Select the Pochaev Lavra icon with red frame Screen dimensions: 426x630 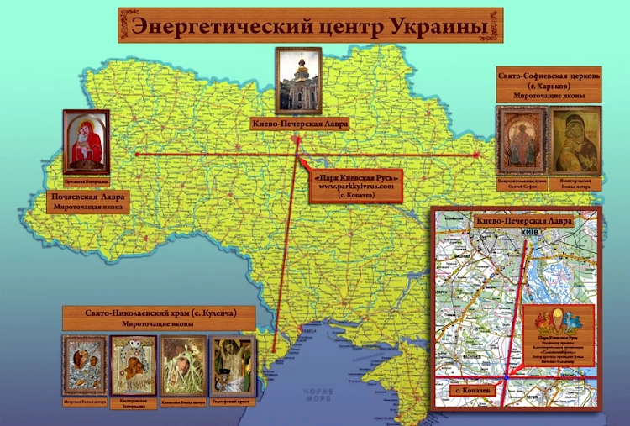[86, 140]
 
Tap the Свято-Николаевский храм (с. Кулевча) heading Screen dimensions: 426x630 [159, 312]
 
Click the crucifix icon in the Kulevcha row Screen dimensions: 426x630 [233, 364]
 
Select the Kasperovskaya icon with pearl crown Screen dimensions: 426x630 [134, 364]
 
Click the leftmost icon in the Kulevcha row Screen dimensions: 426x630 [84, 364]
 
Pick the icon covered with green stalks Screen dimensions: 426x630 [183, 364]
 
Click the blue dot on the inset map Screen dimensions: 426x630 [505, 380]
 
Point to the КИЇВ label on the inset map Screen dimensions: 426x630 [529, 231]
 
